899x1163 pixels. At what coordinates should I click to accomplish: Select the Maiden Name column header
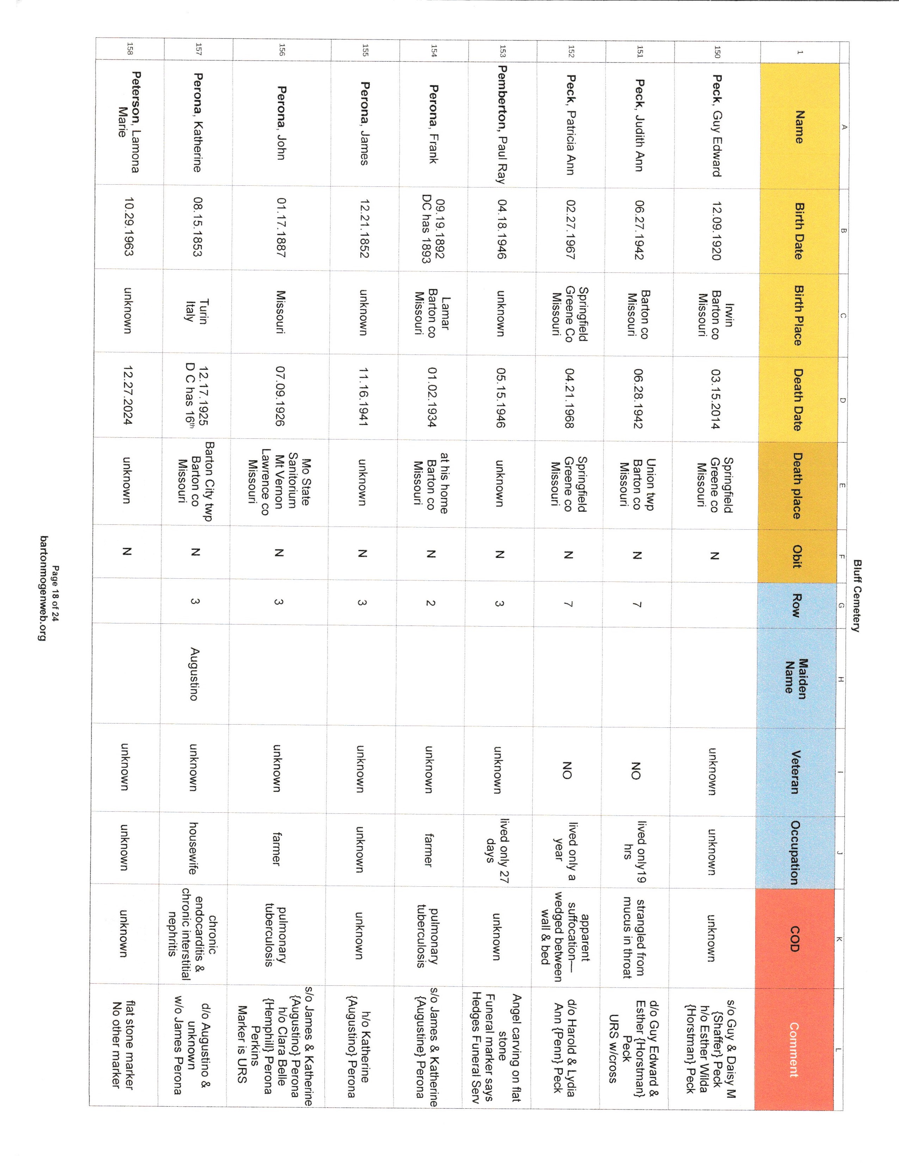point(796,676)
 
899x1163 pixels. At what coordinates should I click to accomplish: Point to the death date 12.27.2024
point(128,395)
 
